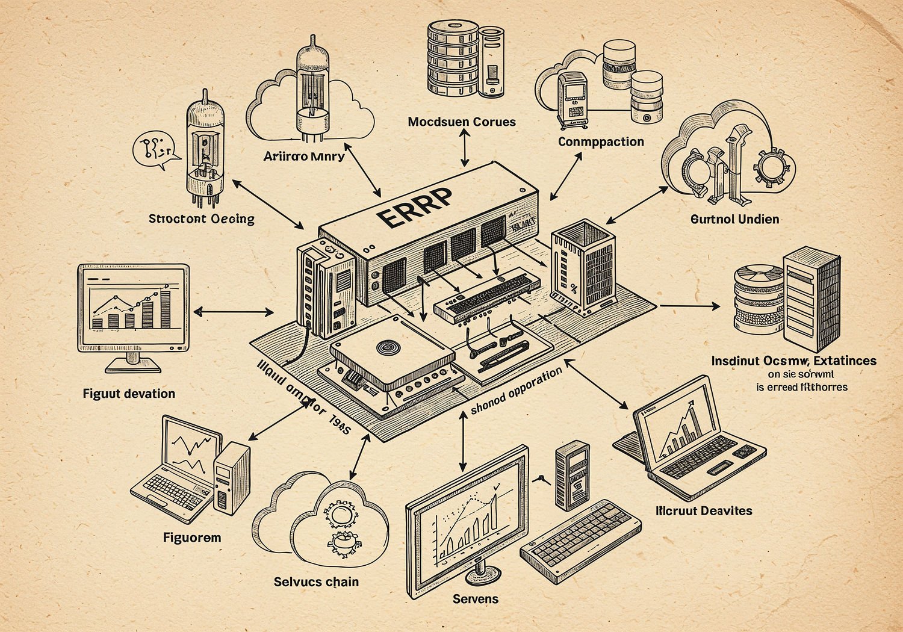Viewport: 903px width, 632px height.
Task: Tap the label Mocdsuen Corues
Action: click(x=462, y=122)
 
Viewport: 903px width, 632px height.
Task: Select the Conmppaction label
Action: click(x=601, y=141)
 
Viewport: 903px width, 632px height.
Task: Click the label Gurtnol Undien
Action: click(x=734, y=219)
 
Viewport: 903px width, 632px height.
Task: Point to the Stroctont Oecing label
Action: click(x=202, y=218)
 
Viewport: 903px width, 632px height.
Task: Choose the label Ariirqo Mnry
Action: click(x=303, y=156)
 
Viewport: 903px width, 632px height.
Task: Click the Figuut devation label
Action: click(x=129, y=394)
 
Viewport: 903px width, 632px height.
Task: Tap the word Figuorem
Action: click(x=192, y=538)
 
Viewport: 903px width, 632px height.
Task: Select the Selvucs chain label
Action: click(x=316, y=582)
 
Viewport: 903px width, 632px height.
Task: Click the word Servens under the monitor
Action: click(x=476, y=599)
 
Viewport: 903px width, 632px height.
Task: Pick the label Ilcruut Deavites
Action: click(x=704, y=511)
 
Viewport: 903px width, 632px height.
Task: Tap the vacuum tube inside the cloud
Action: click(x=312, y=84)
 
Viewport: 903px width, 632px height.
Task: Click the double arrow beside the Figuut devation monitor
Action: click(x=234, y=312)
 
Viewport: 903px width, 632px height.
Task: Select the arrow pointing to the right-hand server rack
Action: click(x=690, y=306)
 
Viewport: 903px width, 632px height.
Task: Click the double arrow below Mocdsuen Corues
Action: click(x=464, y=148)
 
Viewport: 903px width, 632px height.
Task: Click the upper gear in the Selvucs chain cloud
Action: click(x=341, y=515)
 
